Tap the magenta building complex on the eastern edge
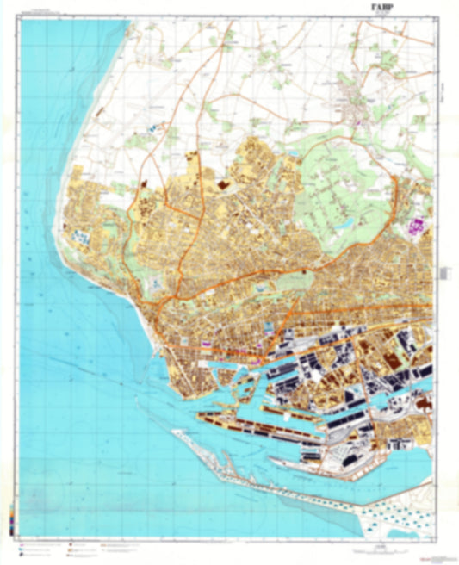pyautogui.click(x=419, y=227)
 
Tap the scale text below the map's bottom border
pyautogui.click(x=229, y=548)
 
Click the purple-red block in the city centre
pyautogui.click(x=207, y=343)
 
